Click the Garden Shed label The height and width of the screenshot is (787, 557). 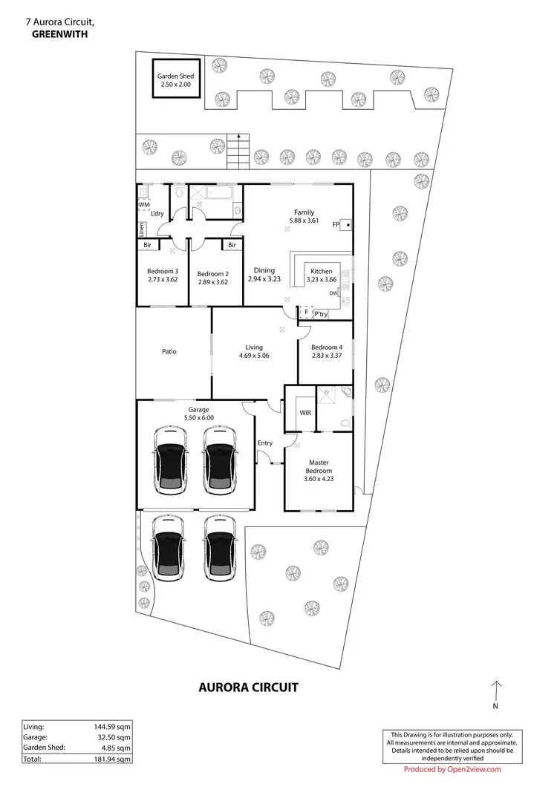176,76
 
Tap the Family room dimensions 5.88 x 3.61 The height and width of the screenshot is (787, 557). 304,221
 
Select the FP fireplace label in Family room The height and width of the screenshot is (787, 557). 336,224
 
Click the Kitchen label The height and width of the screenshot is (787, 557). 321,272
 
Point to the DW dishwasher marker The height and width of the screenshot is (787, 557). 333,294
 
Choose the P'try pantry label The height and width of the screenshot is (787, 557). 321,315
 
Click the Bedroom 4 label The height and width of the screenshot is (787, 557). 326,347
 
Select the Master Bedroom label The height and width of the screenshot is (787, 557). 319,466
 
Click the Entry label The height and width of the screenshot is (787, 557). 265,443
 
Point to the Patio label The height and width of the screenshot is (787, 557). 169,352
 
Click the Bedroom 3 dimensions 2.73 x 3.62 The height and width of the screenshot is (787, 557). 162,281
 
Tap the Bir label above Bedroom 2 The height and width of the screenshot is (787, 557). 232,245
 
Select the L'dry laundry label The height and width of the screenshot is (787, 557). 157,214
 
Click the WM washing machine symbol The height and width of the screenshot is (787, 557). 143,204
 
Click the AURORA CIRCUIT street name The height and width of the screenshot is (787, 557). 248,688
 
